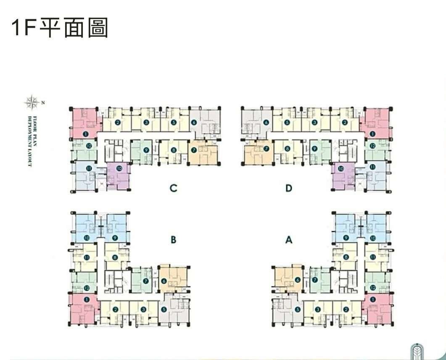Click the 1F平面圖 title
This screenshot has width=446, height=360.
[60, 28]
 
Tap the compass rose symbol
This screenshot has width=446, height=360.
[31, 101]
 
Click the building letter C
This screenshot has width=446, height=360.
[173, 188]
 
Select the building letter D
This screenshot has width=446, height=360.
[288, 188]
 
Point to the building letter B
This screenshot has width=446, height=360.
[173, 240]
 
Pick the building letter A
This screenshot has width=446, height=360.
[288, 240]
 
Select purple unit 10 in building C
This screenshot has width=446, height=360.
[119, 176]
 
